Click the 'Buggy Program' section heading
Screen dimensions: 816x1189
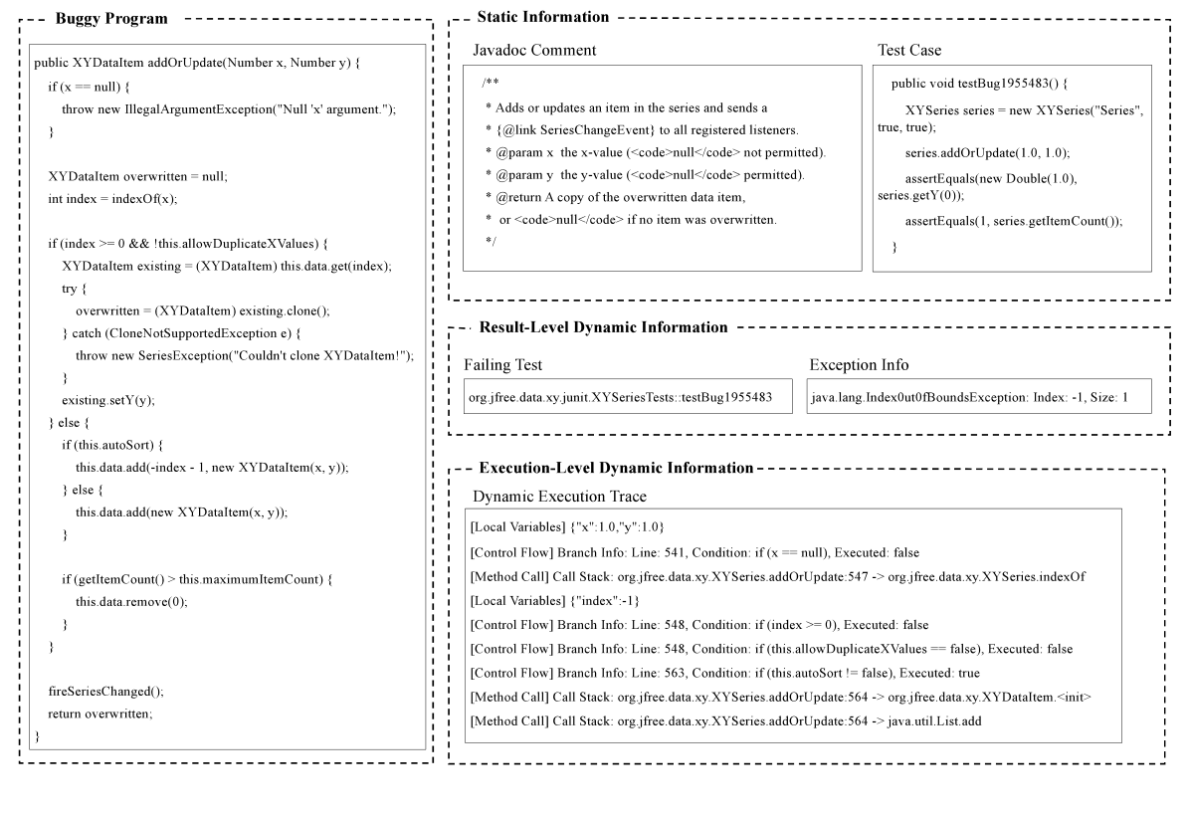[110, 19]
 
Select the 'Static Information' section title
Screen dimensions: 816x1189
[542, 17]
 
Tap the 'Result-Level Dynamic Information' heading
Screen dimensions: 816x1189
[603, 327]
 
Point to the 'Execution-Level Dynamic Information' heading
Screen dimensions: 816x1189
[616, 468]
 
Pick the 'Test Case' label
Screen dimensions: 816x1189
[909, 50]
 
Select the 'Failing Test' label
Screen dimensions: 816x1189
[503, 364]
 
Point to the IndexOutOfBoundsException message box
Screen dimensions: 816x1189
[979, 397]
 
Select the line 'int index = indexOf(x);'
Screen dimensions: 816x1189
[112, 199]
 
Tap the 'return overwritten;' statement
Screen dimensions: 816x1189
[99, 714]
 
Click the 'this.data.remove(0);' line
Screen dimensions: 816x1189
[131, 602]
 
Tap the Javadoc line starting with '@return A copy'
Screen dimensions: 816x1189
[615, 197]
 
